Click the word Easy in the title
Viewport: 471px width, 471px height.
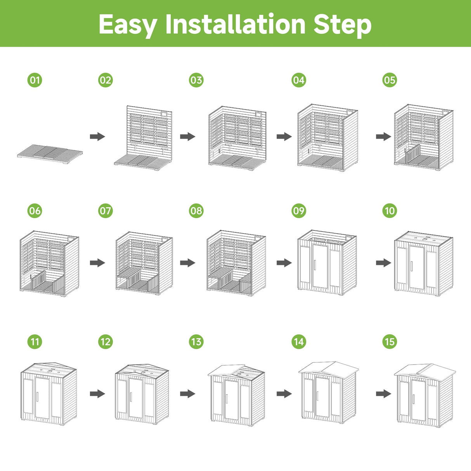coord(128,24)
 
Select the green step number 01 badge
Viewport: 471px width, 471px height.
coord(35,80)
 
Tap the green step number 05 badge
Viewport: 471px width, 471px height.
coord(390,80)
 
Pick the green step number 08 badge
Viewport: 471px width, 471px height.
coord(196,211)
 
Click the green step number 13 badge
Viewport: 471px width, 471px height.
coord(196,342)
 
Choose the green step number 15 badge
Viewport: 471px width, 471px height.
coord(390,342)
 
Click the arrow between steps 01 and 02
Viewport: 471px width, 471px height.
coord(97,137)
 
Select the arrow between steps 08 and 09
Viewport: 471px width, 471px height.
coord(284,263)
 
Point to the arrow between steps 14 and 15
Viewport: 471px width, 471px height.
coord(383,394)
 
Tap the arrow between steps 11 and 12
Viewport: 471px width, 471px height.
coord(97,394)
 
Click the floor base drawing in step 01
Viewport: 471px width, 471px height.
coord(50,154)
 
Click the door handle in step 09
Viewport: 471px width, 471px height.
coord(315,265)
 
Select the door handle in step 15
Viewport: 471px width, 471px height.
coord(413,399)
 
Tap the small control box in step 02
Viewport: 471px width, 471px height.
coord(163,114)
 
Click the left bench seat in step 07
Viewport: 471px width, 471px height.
coord(129,273)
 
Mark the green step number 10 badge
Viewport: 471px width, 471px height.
coord(390,211)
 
